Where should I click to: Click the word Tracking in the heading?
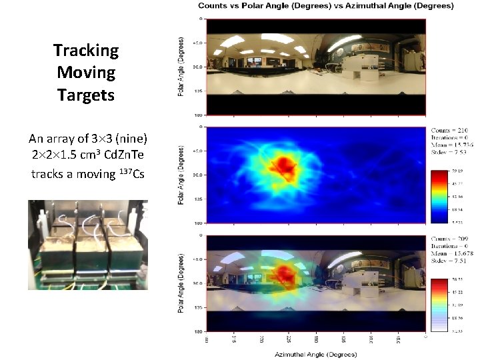pos(86,51)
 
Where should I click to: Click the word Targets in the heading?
pos(86,95)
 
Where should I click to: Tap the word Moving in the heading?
pos(86,73)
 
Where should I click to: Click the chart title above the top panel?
pos(325,6)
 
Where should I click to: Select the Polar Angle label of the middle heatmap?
pos(181,175)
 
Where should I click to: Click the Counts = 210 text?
pos(449,130)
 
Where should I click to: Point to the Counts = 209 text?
pos(449,239)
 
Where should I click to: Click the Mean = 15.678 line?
pos(449,253)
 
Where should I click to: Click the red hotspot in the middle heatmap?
pos(287,164)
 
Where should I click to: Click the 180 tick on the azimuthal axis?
pos(316,339)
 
